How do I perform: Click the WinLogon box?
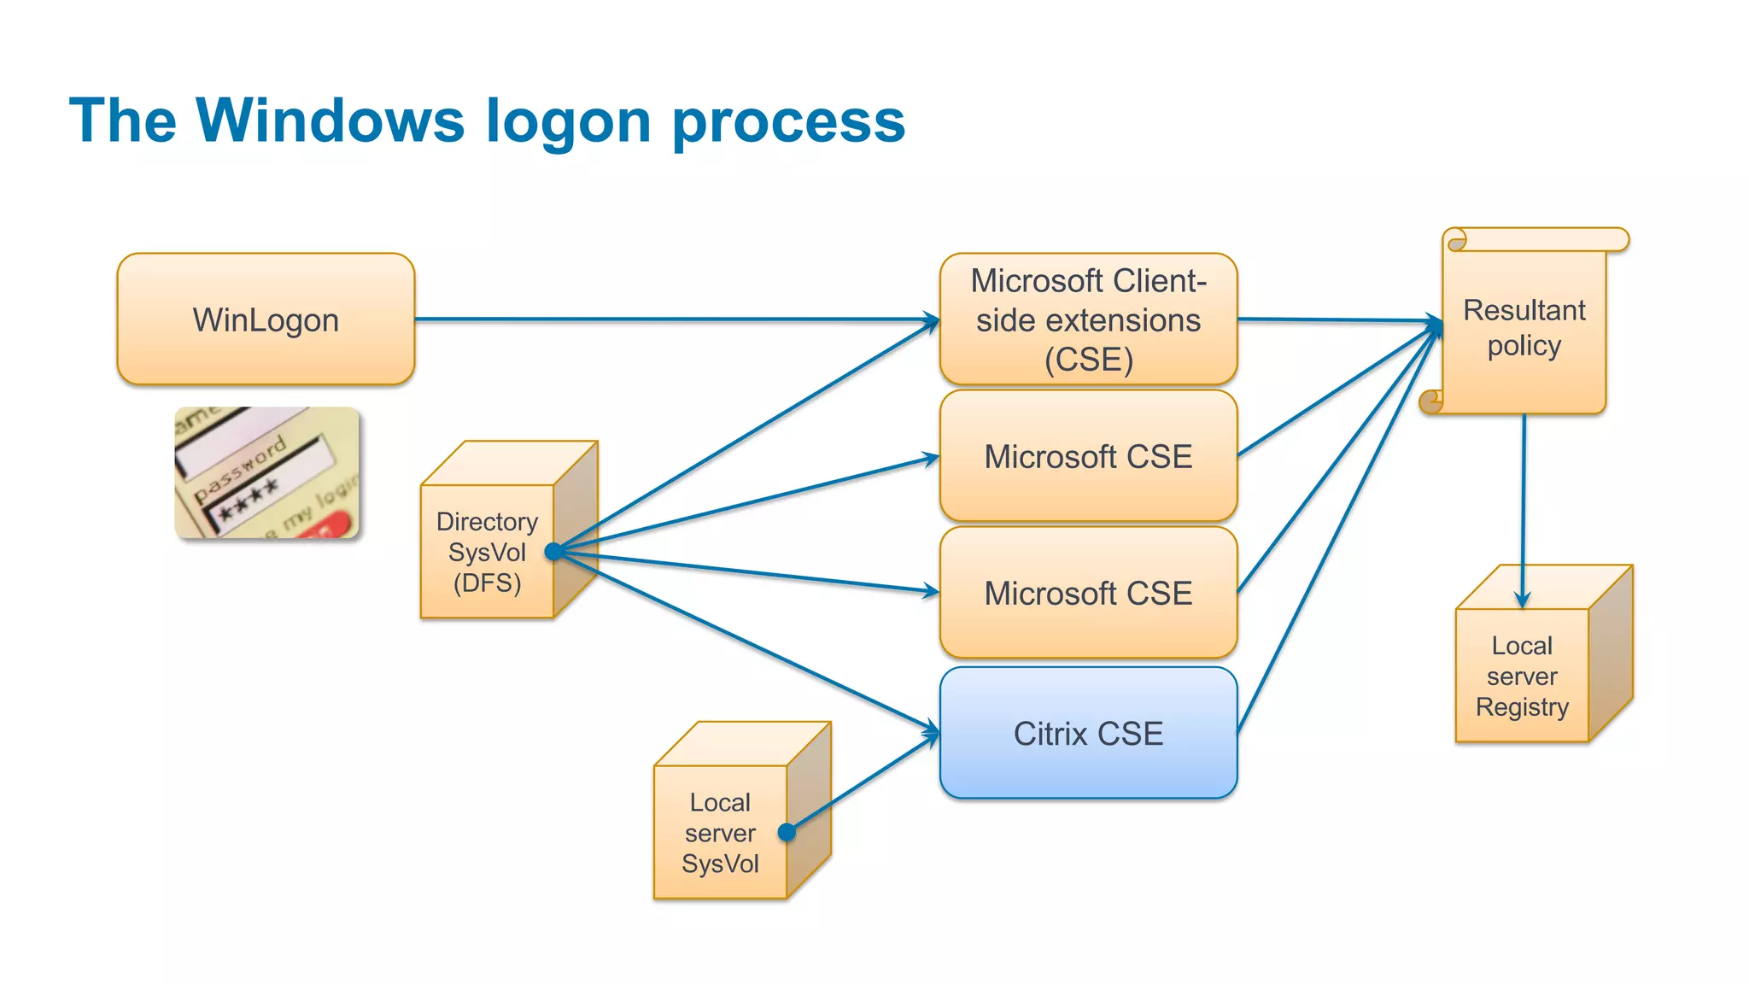click(x=266, y=319)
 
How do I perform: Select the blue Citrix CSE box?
click(x=1088, y=733)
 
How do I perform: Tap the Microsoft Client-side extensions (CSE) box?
click(x=1088, y=319)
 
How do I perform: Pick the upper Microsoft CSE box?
click(x=1088, y=456)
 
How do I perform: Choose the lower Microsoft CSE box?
click(x=1088, y=593)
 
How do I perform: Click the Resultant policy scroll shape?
click(x=1524, y=328)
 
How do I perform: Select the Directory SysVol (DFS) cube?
click(x=488, y=552)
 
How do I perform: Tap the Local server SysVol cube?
click(x=720, y=832)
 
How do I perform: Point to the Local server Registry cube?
click(x=1522, y=675)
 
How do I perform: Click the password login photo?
click(x=266, y=472)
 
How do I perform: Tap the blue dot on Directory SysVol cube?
click(x=553, y=552)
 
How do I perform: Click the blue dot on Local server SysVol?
click(x=787, y=832)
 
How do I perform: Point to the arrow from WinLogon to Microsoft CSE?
click(x=675, y=319)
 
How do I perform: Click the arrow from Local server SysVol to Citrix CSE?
click(x=863, y=783)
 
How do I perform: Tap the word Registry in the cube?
click(x=1522, y=706)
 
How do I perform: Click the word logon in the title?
click(x=568, y=120)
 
